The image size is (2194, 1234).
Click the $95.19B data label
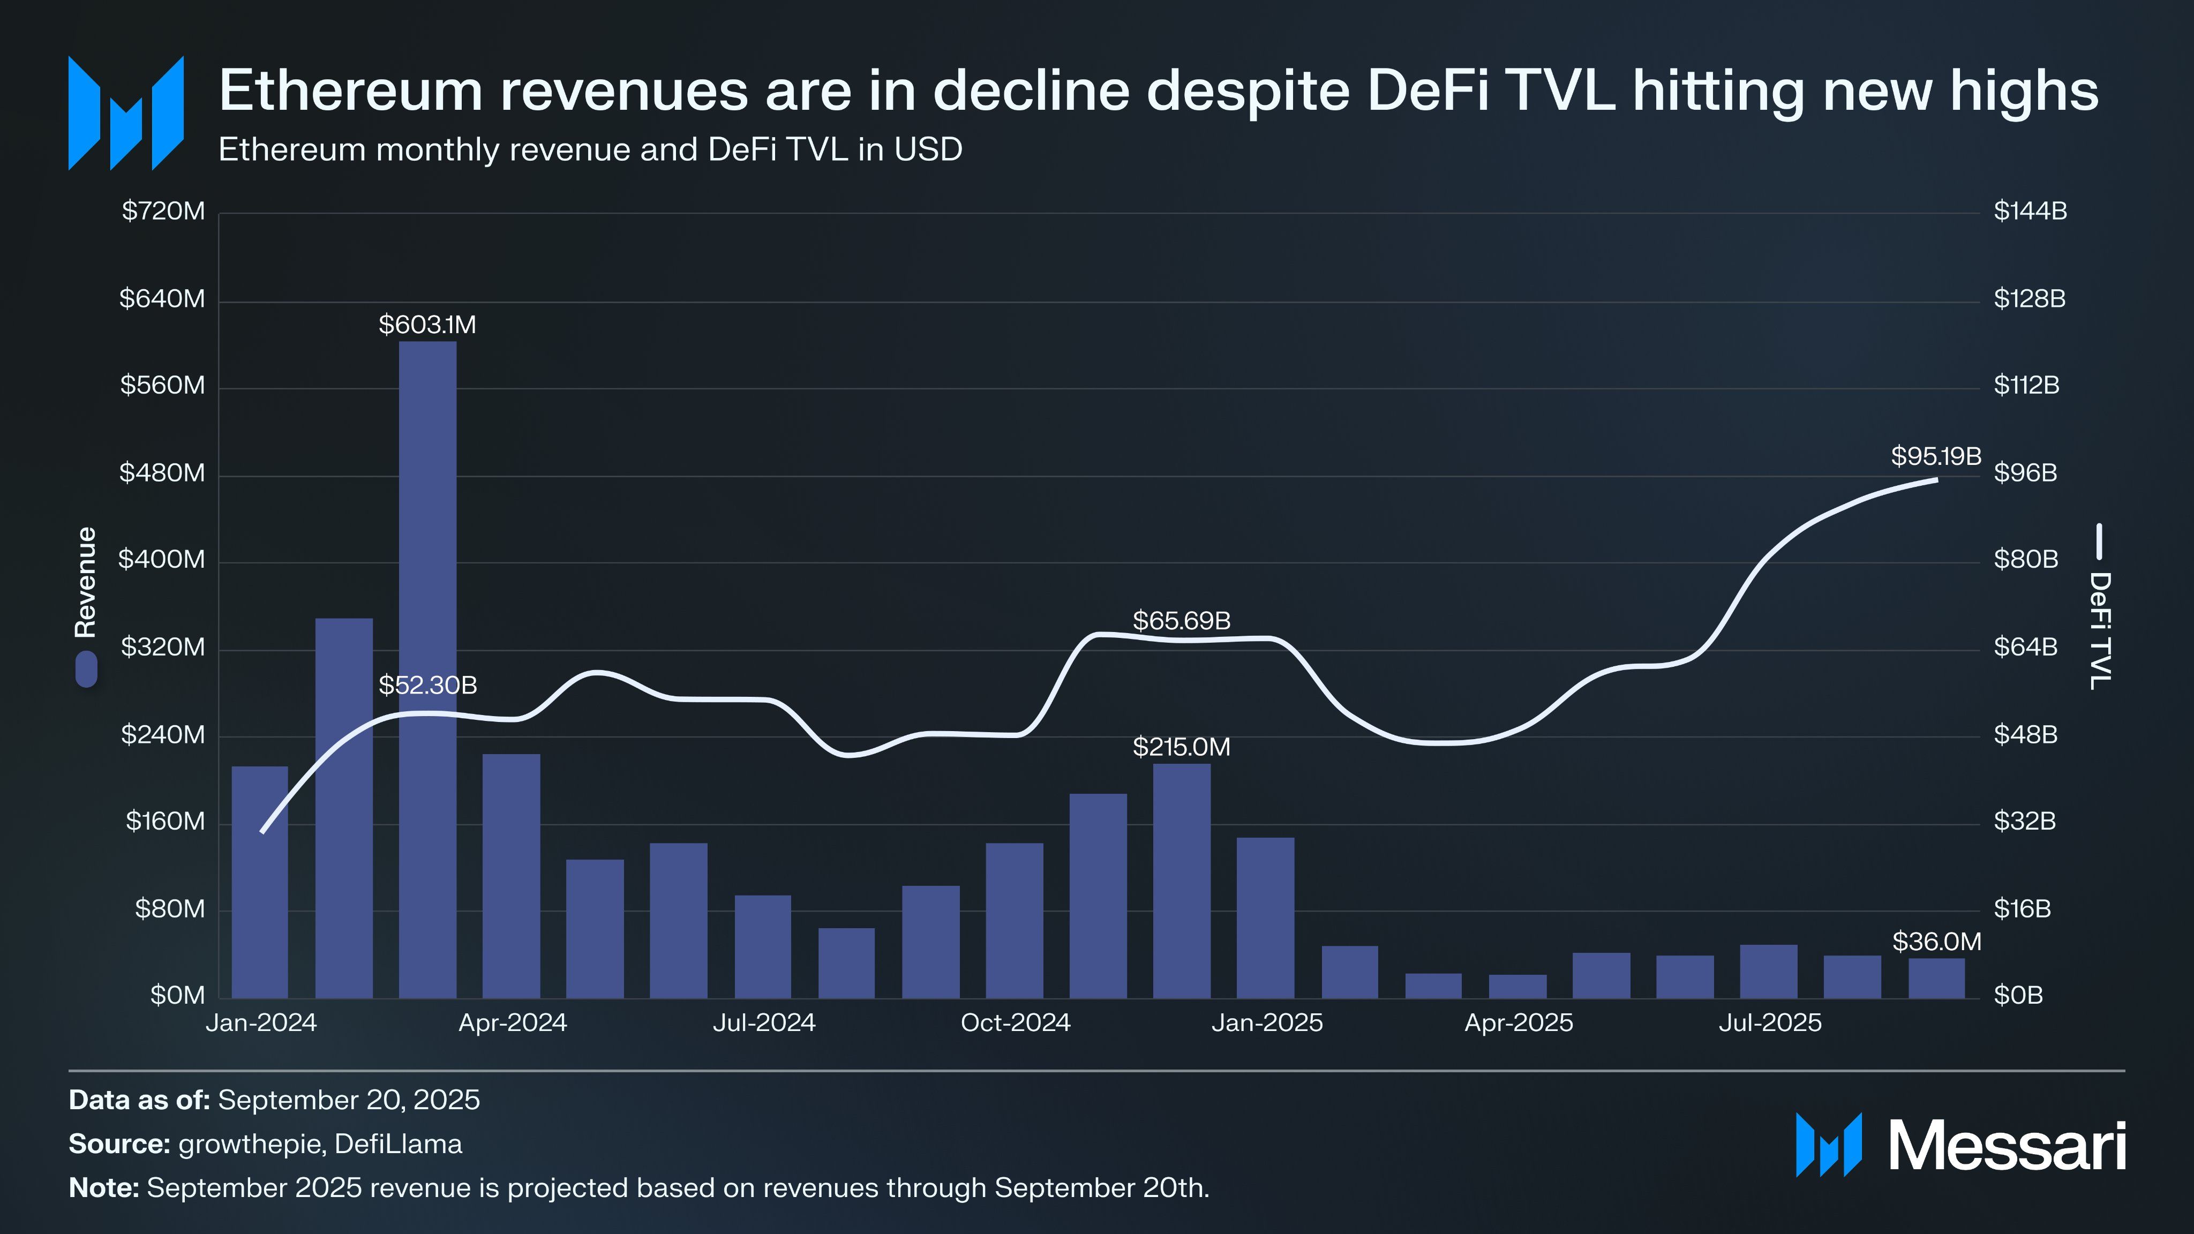coord(1935,456)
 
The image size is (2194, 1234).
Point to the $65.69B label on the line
coord(1181,621)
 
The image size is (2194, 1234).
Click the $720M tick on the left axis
coord(163,211)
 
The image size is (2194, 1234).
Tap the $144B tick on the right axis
coord(2030,211)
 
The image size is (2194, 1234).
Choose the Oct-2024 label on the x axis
coord(1015,1023)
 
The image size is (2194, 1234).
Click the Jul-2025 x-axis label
coord(1770,1023)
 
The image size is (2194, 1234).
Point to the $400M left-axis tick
coord(162,560)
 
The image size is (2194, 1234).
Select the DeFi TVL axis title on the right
coord(2100,630)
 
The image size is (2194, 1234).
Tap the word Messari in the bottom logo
coord(2007,1146)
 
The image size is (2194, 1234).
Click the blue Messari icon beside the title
coord(126,113)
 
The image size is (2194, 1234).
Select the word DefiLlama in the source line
coord(398,1143)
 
